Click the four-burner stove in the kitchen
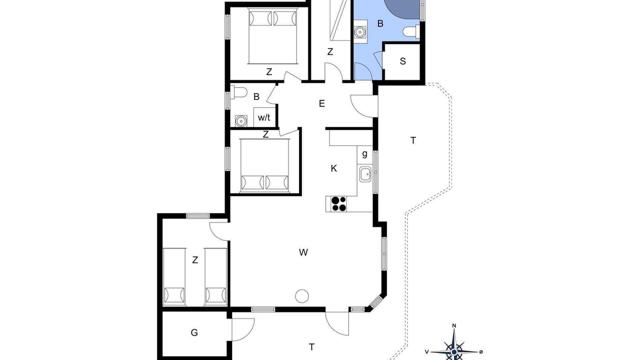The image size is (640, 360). point(338,203)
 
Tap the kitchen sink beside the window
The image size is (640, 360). point(365,174)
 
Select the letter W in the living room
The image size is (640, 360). point(303,252)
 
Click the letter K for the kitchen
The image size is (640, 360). point(333,168)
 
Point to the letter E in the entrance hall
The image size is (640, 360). point(322,103)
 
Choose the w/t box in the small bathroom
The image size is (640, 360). point(264,117)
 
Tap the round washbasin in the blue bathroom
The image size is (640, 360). point(360,32)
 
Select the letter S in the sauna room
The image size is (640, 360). point(403,61)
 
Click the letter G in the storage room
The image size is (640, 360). point(194,332)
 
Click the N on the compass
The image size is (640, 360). point(454,325)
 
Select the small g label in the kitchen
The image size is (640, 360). point(364,154)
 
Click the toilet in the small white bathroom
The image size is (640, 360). point(238,92)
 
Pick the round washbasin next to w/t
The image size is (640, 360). point(241,121)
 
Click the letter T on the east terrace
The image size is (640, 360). point(413,140)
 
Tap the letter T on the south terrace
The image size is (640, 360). point(311,347)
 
